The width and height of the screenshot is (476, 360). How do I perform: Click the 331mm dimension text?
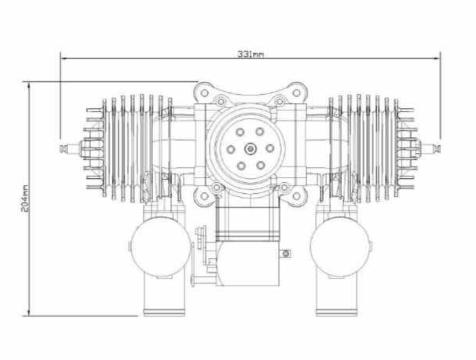pos(250,54)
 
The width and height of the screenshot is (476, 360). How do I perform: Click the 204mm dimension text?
pos(25,198)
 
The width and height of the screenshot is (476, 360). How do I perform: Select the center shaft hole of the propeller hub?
pos(251,149)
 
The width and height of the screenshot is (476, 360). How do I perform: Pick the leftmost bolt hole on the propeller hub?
pos(231,149)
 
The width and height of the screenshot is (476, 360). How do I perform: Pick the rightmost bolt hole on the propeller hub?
pos(270,148)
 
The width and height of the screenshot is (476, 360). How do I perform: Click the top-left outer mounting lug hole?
pos(204,93)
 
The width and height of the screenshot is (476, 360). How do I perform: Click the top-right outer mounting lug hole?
pos(297,93)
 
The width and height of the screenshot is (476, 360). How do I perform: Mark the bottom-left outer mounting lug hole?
pos(204,196)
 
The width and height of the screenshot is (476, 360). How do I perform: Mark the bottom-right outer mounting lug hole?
pos(297,196)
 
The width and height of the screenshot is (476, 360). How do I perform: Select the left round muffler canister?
pos(160,247)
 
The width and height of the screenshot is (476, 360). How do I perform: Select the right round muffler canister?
pos(340,247)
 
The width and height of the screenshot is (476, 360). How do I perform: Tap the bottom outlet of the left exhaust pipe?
pos(164,312)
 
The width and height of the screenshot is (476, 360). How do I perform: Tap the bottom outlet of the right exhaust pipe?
pos(336,312)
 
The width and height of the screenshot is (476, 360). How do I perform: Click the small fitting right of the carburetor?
pos(286,253)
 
